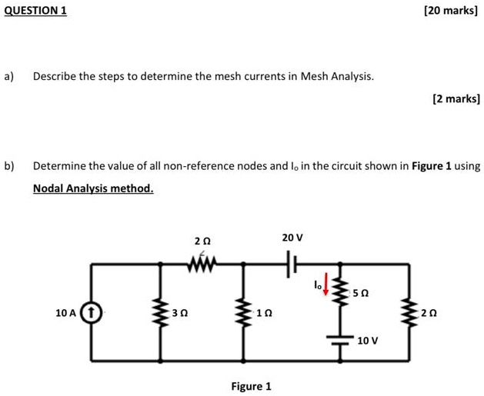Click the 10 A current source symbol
(x=92, y=313)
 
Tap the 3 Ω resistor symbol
(x=160, y=314)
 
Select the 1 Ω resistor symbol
(x=245, y=314)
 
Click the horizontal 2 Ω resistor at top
(x=202, y=264)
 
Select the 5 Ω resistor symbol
(x=339, y=291)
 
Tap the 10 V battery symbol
(x=339, y=339)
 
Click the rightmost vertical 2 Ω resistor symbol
(x=409, y=314)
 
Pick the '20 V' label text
(x=292, y=238)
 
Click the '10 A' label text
(x=66, y=313)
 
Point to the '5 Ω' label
(x=360, y=293)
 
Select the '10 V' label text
(x=368, y=340)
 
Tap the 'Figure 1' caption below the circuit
(x=251, y=386)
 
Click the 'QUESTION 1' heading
(x=35, y=10)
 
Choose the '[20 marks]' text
(x=451, y=10)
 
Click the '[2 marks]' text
(x=456, y=98)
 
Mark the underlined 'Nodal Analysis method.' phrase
(x=93, y=188)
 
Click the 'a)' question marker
(x=9, y=76)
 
